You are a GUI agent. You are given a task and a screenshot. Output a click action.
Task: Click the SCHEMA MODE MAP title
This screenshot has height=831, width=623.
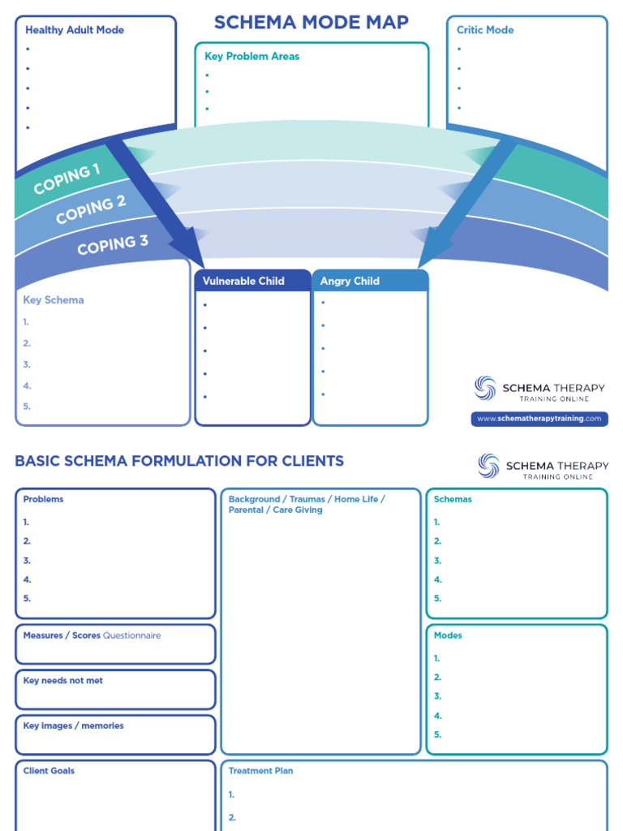click(x=311, y=22)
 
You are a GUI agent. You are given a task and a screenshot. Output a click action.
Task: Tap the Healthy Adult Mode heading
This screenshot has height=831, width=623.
click(x=75, y=30)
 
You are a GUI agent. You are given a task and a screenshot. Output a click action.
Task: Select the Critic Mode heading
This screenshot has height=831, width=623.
click(x=485, y=30)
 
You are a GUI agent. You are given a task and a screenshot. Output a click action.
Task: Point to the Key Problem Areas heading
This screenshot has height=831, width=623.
click(x=251, y=56)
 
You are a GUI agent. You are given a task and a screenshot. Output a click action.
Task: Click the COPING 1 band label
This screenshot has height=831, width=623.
click(x=67, y=179)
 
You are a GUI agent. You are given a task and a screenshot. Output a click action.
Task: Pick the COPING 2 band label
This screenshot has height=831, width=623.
click(x=91, y=209)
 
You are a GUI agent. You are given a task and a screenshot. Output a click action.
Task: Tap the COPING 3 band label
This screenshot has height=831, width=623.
click(x=113, y=244)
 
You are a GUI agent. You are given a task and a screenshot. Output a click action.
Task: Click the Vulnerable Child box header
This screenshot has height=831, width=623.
click(x=243, y=281)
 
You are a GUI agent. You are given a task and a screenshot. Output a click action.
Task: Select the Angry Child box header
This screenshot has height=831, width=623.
click(x=350, y=281)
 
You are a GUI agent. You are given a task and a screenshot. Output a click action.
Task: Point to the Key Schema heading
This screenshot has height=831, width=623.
click(x=54, y=299)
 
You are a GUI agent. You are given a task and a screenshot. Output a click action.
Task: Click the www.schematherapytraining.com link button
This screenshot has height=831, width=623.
click(x=539, y=419)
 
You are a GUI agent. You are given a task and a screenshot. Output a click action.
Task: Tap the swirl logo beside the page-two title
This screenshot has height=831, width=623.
click(x=488, y=466)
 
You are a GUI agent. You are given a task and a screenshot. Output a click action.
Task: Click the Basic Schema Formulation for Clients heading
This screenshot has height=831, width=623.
click(x=179, y=461)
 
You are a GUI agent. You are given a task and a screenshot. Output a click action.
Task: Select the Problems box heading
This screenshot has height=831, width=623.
click(x=43, y=499)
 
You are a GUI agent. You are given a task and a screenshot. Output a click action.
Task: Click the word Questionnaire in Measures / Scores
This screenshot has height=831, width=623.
click(x=132, y=635)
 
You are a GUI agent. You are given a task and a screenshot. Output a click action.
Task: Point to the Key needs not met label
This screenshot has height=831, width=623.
click(x=63, y=681)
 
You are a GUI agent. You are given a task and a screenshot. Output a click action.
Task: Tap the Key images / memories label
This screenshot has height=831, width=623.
click(x=74, y=726)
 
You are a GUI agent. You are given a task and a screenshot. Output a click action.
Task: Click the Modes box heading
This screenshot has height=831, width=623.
click(x=448, y=635)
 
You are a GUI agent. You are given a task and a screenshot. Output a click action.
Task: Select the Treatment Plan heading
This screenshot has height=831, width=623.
click(x=260, y=771)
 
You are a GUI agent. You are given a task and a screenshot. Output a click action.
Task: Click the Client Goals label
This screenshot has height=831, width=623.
click(x=49, y=771)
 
